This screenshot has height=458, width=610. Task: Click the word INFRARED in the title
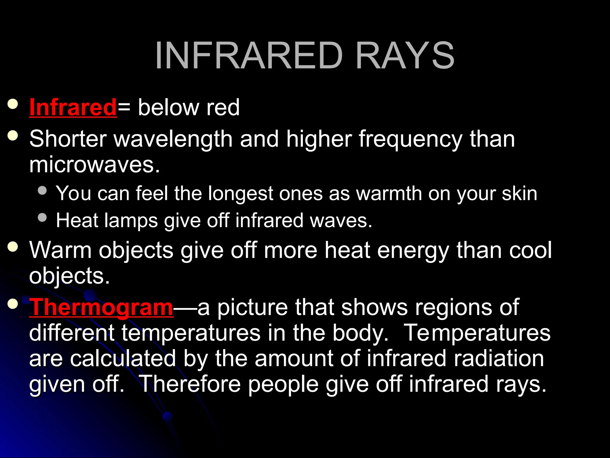point(249,56)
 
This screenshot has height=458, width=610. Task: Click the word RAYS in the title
point(405,56)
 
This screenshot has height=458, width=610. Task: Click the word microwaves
point(94,165)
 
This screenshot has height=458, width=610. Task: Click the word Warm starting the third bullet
point(60,250)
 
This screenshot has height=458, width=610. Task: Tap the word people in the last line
point(283,384)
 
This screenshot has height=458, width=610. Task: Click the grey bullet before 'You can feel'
point(43,191)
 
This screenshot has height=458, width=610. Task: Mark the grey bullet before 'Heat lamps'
point(43,217)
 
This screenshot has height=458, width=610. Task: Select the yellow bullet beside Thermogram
point(13,304)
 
